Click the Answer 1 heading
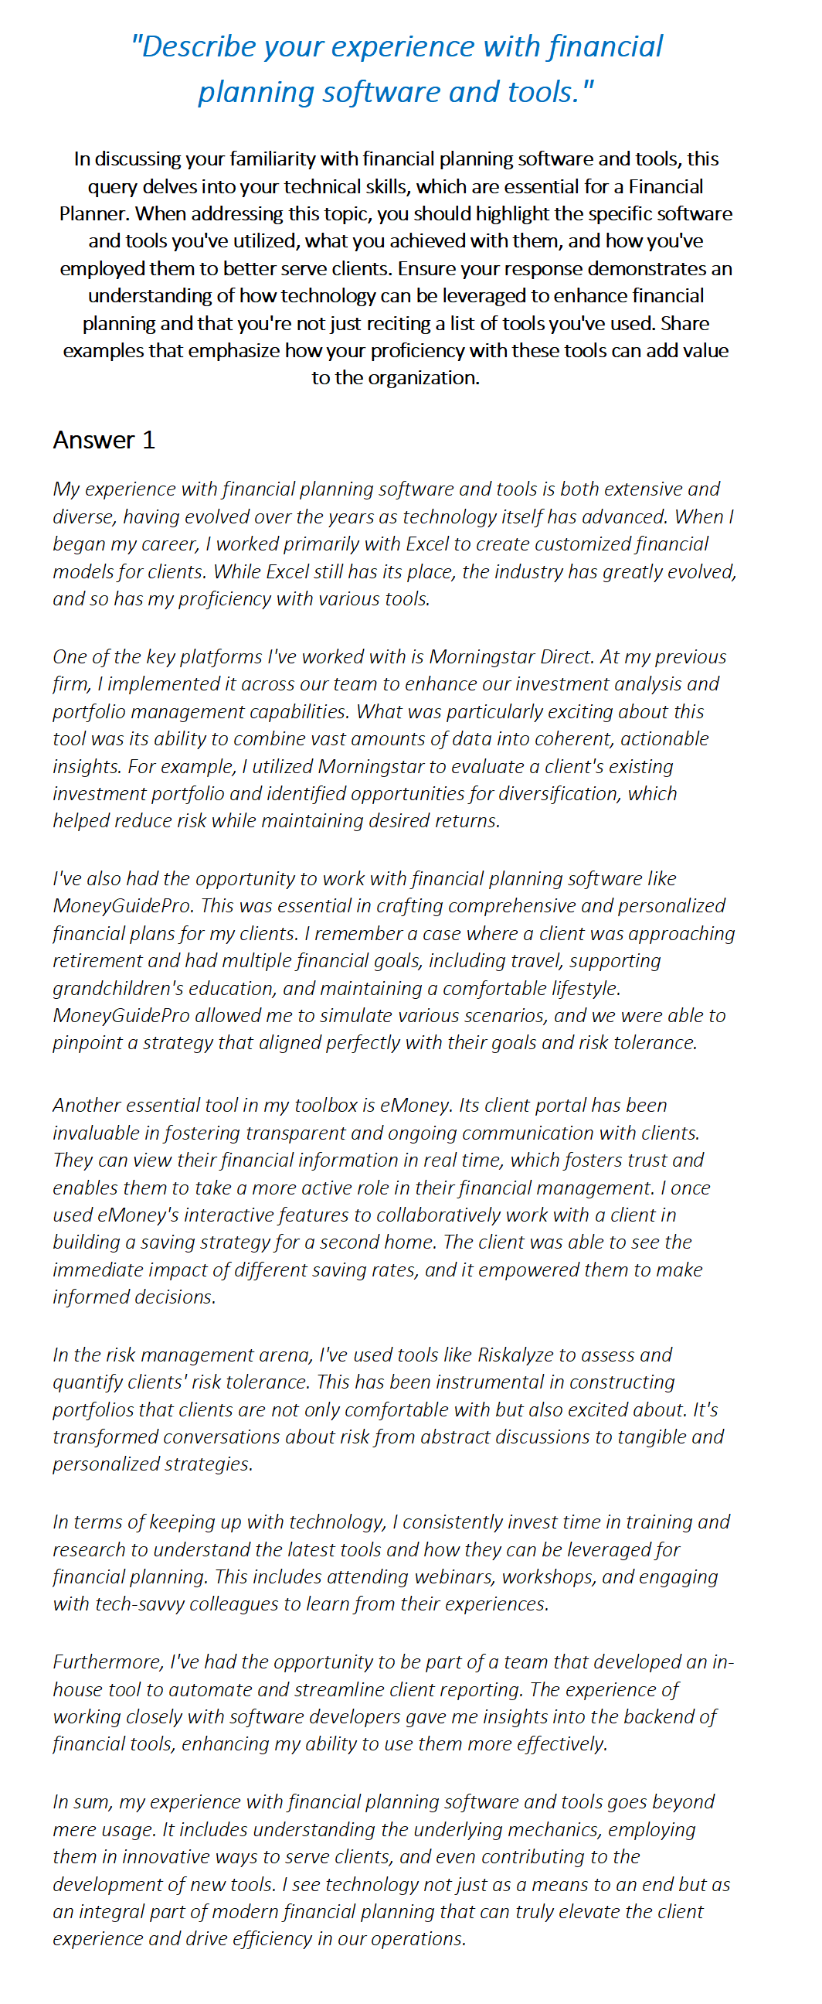click(104, 441)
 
